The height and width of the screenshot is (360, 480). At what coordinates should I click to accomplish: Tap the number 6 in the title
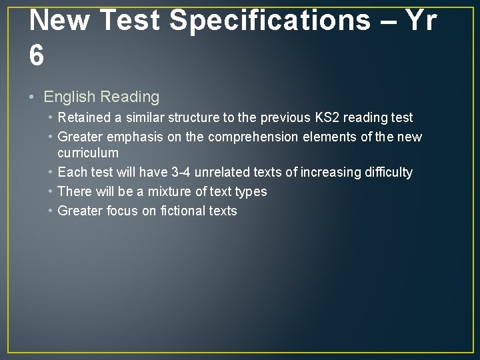point(37,56)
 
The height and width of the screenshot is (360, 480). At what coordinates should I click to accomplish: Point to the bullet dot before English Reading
point(33,97)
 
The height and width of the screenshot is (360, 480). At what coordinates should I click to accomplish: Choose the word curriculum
point(88,153)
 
